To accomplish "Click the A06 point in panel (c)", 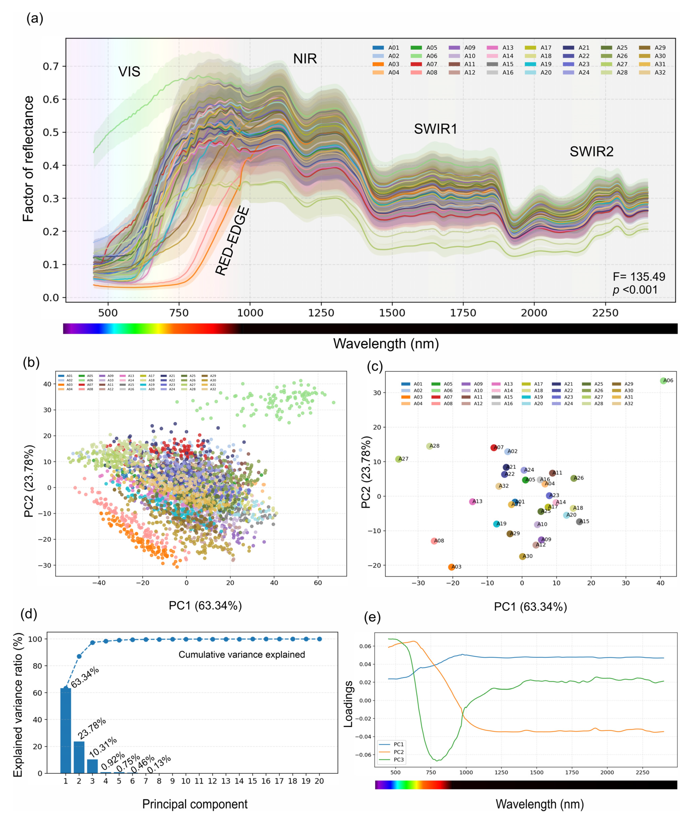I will tap(663, 381).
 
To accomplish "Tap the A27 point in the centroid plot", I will tap(399, 459).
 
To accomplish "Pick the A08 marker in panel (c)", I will tap(434, 541).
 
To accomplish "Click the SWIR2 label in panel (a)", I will tap(591, 151).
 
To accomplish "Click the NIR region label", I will tap(305, 59).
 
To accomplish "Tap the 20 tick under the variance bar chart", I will tap(319, 781).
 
